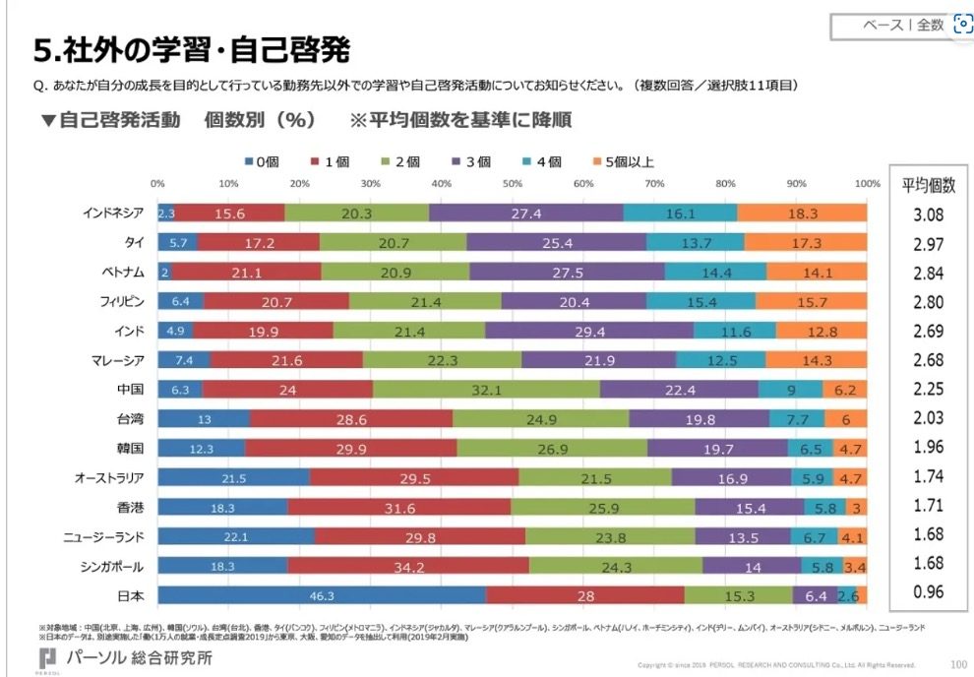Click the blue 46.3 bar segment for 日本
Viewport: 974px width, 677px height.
pos(321,595)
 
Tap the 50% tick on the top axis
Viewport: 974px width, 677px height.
pos(512,184)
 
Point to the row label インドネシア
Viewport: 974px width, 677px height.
pos(113,213)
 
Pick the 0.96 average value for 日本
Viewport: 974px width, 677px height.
pos(928,593)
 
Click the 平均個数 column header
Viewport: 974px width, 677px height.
pos(928,184)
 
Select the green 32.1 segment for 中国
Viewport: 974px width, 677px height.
pos(486,389)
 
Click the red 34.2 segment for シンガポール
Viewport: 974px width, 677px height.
pos(407,567)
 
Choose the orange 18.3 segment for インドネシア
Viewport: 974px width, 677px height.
pos(802,213)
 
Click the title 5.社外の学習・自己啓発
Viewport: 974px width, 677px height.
pos(192,48)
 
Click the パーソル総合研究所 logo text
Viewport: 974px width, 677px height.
pos(137,657)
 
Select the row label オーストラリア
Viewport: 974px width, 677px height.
pos(109,478)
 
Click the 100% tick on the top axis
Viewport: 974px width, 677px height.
pos(867,184)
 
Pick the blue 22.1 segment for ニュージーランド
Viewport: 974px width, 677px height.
pos(236,537)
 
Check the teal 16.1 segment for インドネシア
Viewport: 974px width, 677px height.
pos(680,213)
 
